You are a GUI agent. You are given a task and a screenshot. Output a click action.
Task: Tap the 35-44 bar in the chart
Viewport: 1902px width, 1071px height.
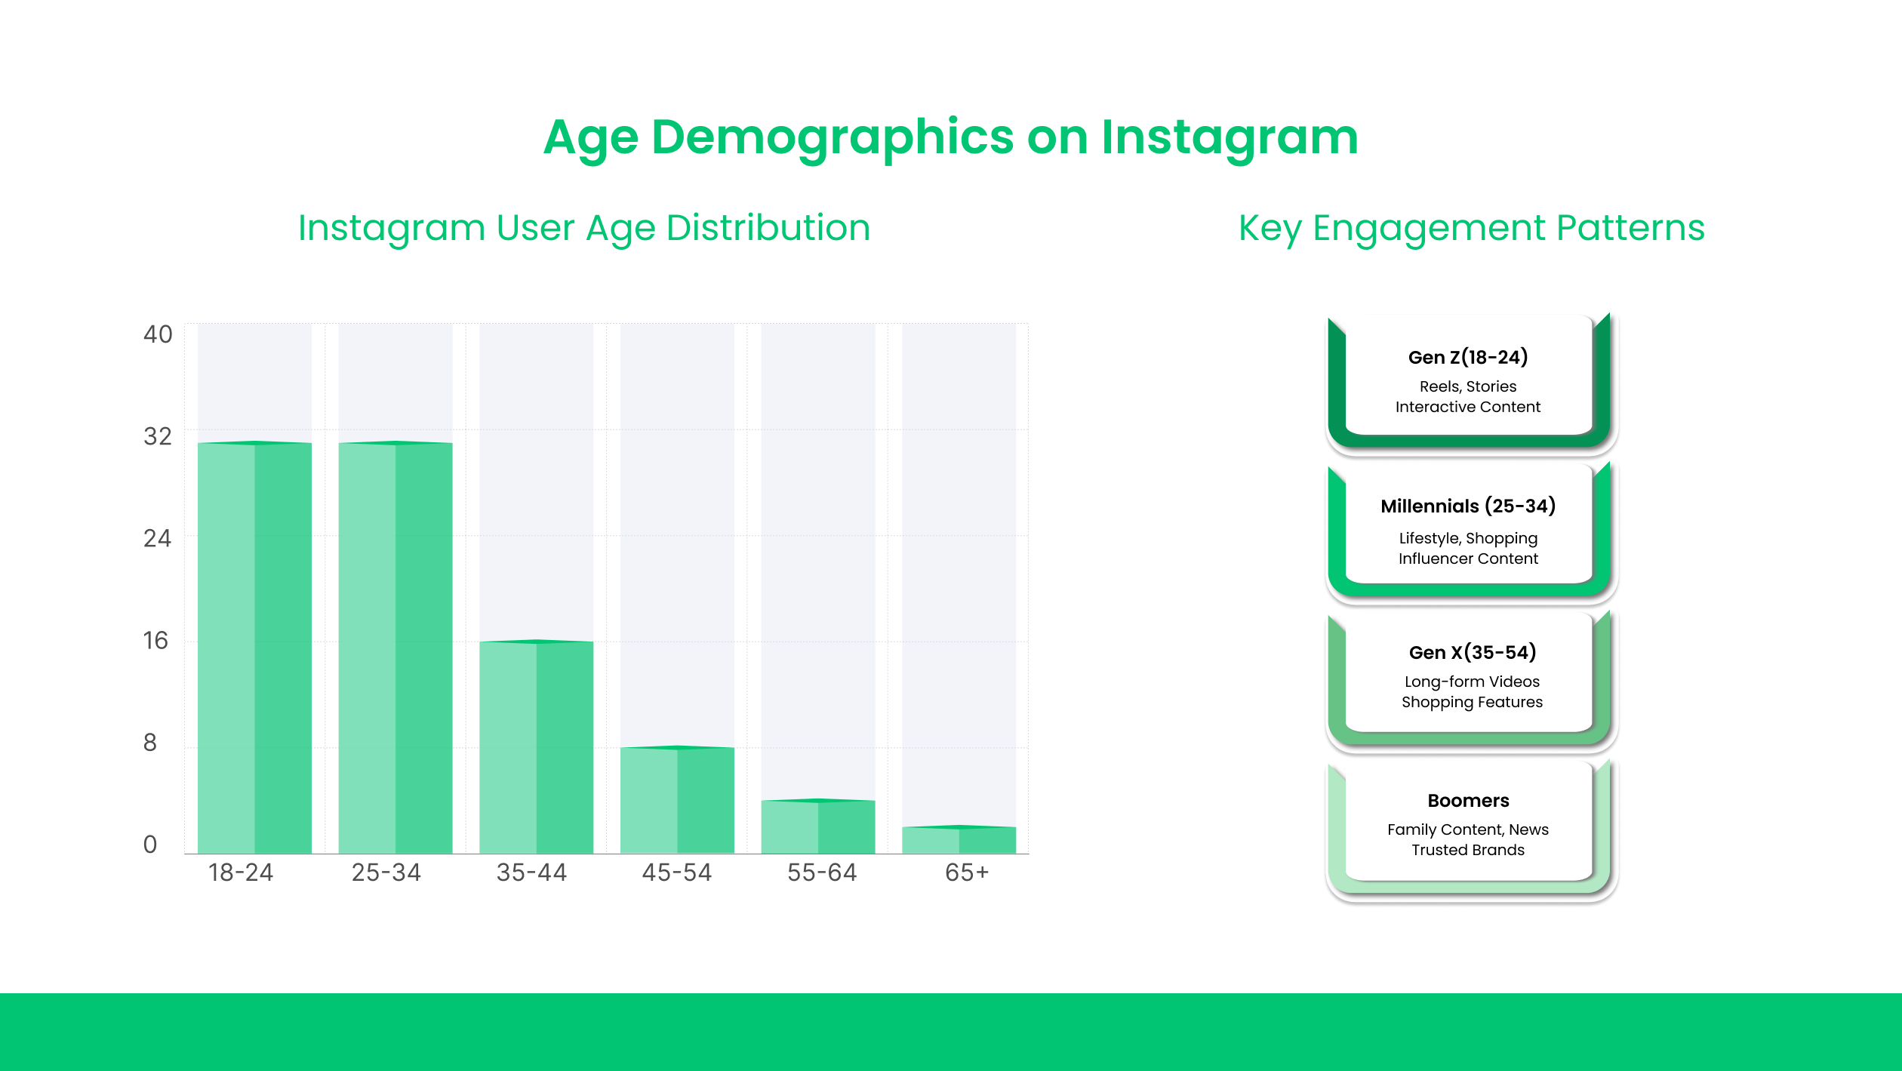click(536, 747)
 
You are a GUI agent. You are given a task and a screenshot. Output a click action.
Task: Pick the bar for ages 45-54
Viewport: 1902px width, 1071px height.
click(677, 800)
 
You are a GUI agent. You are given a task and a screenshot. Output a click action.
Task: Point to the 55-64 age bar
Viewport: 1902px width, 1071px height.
click(818, 826)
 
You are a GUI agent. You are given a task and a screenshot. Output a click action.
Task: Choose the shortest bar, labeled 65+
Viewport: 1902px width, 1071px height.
click(959, 840)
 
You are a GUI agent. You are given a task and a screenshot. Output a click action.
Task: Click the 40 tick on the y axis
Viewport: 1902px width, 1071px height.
click(158, 334)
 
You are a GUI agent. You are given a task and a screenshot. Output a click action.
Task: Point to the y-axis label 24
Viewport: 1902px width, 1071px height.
click(158, 538)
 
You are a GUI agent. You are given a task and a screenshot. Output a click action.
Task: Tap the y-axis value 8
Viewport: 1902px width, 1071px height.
click(150, 743)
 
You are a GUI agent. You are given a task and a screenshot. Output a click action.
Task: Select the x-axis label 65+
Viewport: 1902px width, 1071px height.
click(967, 872)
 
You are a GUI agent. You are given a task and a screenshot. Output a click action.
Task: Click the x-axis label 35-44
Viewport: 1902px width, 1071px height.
click(531, 872)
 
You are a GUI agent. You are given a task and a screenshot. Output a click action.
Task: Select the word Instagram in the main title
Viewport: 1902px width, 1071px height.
click(1230, 138)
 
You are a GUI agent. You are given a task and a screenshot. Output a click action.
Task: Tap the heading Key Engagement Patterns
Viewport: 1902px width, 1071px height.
click(1471, 228)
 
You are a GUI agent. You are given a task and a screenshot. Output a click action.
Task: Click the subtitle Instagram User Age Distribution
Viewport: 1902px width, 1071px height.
click(584, 228)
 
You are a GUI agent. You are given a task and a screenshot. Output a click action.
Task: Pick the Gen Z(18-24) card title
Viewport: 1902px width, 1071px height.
click(1468, 357)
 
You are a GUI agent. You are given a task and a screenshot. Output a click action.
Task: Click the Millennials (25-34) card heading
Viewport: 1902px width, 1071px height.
click(1468, 506)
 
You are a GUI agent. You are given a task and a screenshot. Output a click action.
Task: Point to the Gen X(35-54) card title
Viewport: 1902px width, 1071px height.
click(1472, 652)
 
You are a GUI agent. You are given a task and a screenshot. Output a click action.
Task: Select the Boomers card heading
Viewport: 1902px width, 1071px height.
click(1468, 800)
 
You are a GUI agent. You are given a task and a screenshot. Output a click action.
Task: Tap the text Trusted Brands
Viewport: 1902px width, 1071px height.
click(1468, 850)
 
